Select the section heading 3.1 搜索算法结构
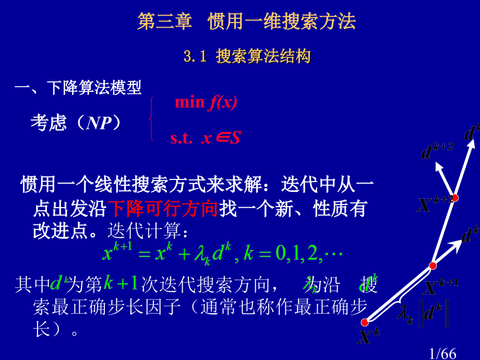248,56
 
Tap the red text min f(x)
206,102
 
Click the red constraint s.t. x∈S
205,138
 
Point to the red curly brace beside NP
151,119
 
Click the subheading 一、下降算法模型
78,88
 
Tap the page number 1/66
442,354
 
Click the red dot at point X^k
364,322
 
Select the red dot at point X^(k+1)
433,266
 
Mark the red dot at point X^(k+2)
454,198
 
